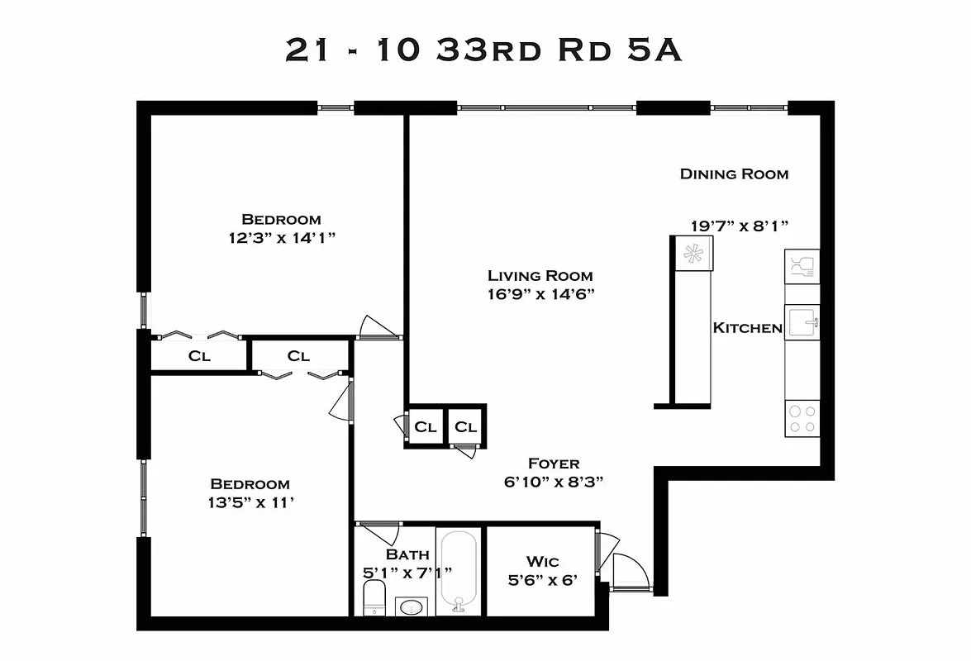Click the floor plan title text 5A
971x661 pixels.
(x=653, y=50)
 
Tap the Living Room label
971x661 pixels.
(x=540, y=276)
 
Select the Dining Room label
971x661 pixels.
(x=734, y=174)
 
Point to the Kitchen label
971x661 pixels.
(x=747, y=328)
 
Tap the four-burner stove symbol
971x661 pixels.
(x=802, y=418)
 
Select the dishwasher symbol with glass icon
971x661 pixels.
(x=802, y=266)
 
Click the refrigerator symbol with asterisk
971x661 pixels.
(x=693, y=253)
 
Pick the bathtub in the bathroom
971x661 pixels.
(x=458, y=570)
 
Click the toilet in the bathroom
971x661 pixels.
(x=375, y=597)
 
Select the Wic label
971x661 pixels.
(x=542, y=561)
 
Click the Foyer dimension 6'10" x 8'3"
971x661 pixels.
(x=554, y=483)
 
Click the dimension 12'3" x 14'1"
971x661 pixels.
(x=281, y=238)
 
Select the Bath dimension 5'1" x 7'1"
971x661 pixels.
(x=407, y=572)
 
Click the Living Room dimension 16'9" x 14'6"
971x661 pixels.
(x=540, y=294)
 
